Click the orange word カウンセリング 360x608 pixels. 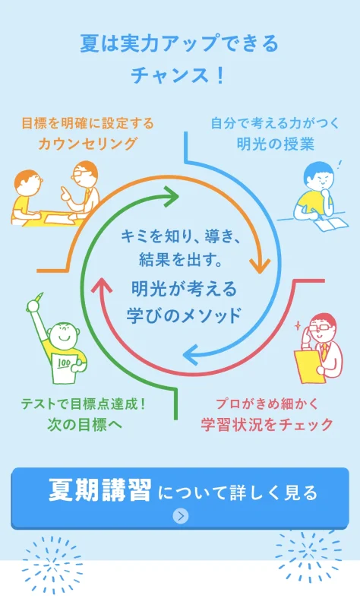(87, 144)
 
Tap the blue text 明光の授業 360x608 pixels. (275, 144)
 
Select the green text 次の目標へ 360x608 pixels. (85, 424)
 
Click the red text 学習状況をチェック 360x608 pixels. (267, 424)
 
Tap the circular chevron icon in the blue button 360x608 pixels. (180, 516)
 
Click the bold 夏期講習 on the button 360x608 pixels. (100, 490)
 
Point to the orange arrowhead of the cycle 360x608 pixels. (260, 264)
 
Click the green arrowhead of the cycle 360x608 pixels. (169, 197)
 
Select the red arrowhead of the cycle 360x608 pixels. (102, 285)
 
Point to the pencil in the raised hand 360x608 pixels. (39, 299)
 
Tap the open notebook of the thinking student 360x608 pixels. (331, 223)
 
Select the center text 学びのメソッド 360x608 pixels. (183, 315)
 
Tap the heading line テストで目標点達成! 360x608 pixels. (83, 404)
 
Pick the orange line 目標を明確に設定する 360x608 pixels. (87, 124)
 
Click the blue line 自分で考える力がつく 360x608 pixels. (275, 124)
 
